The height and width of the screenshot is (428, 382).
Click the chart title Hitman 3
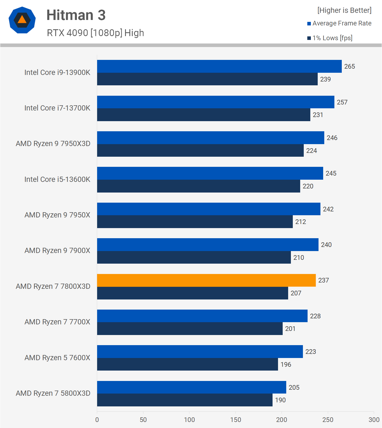76,15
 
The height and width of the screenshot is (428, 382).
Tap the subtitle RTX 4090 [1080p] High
95,33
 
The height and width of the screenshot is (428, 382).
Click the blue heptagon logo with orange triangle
22,20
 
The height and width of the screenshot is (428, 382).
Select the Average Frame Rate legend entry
339,23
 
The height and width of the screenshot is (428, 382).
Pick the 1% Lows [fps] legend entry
330,38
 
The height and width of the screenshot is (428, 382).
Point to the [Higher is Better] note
345,10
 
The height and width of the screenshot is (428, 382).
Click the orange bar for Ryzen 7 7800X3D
206,280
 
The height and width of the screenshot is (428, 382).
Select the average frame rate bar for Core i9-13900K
219,66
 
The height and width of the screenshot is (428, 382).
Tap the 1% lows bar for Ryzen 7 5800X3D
185,400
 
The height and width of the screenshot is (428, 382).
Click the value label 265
349,66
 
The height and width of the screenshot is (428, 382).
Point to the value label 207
296,293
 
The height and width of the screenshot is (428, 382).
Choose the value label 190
280,400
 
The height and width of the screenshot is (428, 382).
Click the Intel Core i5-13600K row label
57,179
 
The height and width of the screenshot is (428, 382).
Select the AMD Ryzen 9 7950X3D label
53,144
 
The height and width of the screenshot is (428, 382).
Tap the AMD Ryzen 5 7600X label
57,358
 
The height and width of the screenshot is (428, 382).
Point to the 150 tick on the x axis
235,420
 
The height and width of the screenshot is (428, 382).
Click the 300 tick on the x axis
374,420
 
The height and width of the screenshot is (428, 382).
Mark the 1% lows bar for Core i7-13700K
204,115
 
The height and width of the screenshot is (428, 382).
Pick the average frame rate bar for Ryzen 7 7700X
202,316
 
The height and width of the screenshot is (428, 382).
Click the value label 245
331,173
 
